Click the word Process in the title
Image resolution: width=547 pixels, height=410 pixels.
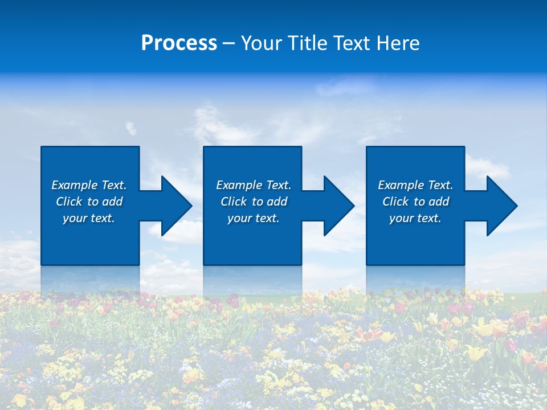[x=179, y=43]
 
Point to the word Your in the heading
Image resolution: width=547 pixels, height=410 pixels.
[x=260, y=43]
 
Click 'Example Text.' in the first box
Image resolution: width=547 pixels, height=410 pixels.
[x=89, y=185]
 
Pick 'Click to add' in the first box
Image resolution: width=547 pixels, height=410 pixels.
[x=89, y=202]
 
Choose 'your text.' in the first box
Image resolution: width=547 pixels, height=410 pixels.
[x=89, y=218]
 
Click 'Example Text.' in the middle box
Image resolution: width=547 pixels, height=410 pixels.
[x=254, y=185]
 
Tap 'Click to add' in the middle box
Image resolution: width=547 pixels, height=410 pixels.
[x=254, y=202]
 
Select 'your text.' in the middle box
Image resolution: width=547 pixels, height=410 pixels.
[x=254, y=218]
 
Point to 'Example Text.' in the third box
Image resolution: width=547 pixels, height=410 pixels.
[x=415, y=185]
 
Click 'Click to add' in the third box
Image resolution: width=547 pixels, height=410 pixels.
[x=415, y=202]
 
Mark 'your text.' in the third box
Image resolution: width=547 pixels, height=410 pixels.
[x=415, y=218]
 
